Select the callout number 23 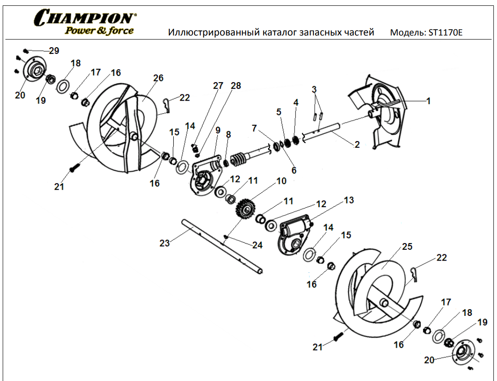(165, 244)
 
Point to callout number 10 (281, 181)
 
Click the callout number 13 (349, 200)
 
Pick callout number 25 (407, 247)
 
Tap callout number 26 (158, 78)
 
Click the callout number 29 (54, 51)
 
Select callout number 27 (218, 86)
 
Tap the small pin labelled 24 (228, 237)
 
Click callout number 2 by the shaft (357, 145)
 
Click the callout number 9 (218, 130)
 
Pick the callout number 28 (236, 86)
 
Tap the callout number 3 (314, 89)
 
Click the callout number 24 (257, 245)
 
